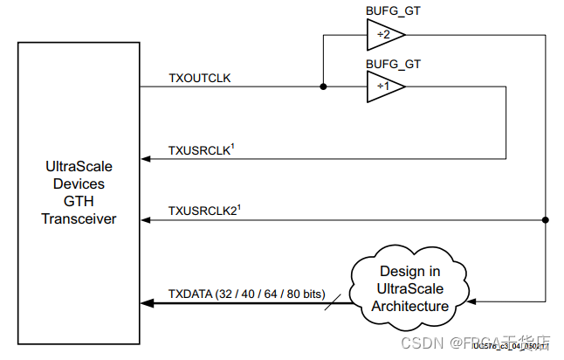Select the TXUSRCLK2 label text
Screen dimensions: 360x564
coord(203,211)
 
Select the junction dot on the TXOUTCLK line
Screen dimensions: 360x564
coord(323,87)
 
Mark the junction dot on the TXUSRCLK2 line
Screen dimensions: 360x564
coord(546,220)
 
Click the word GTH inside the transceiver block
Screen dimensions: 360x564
coord(79,202)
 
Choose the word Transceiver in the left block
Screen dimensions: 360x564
coord(79,218)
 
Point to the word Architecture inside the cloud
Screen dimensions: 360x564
coord(410,306)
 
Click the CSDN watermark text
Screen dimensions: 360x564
coord(416,341)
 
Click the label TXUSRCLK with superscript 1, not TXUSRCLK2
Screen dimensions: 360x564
coord(200,150)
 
